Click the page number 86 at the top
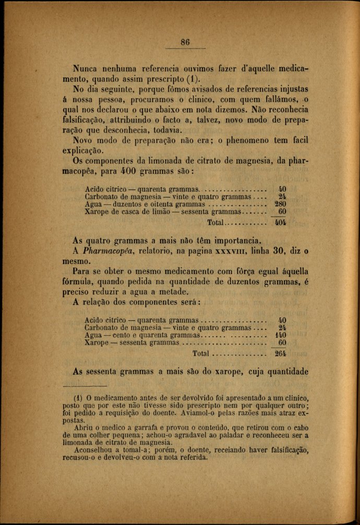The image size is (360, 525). [185, 43]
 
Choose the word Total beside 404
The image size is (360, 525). [215, 223]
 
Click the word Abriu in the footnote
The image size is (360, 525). [86, 427]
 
